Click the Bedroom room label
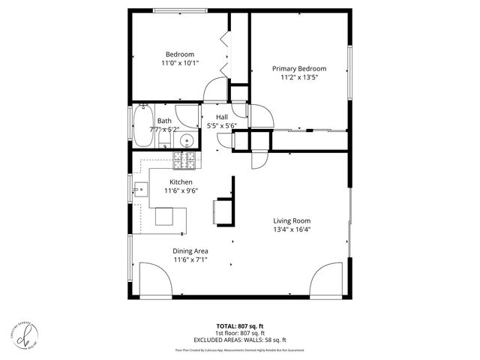click(x=180, y=54)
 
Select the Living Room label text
click(x=292, y=220)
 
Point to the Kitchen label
click(x=181, y=182)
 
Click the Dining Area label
click(x=190, y=251)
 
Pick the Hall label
click(x=222, y=117)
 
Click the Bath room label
click(x=164, y=121)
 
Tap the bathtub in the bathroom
click(x=144, y=124)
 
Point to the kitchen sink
click(x=141, y=188)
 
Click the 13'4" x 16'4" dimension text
click(x=292, y=229)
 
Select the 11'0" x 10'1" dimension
click(x=180, y=64)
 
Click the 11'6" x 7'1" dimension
click(x=190, y=260)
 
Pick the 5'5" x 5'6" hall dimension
click(x=222, y=126)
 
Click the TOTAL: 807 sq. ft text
click(x=240, y=326)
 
